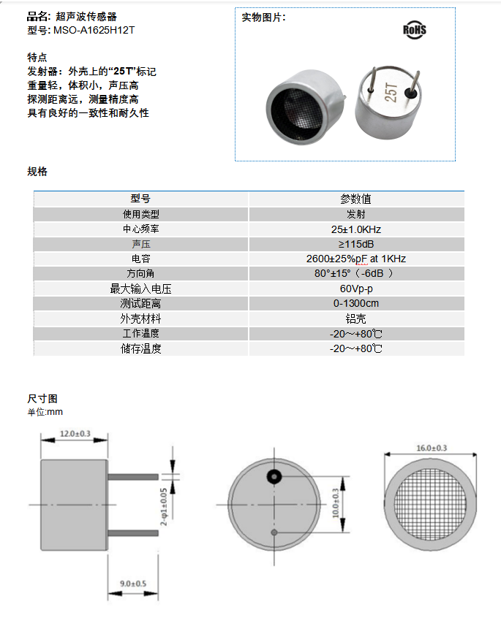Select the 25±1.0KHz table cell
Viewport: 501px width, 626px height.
click(356, 229)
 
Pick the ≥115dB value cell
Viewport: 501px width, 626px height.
click(356, 244)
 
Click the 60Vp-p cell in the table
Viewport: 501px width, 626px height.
click(356, 289)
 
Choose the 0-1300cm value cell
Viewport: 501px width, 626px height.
click(356, 304)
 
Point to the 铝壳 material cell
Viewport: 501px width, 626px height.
click(356, 318)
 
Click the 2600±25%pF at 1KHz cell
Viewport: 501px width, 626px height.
click(356, 259)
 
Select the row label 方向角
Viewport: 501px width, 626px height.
click(140, 274)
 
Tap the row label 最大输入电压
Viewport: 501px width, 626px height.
click(140, 289)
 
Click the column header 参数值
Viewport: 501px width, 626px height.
click(356, 199)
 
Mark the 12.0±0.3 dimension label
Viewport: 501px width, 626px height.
click(75, 434)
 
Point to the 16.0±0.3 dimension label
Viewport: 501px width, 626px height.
click(432, 448)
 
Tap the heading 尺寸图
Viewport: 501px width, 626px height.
click(42, 399)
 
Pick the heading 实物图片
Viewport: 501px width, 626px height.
click(263, 18)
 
